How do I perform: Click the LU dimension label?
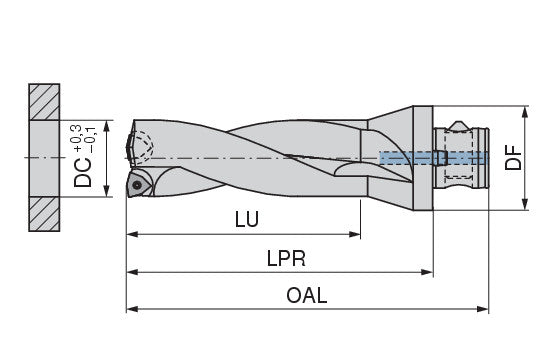tap(247, 219)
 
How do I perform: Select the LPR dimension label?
tap(286, 258)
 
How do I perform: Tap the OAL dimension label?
tap(307, 295)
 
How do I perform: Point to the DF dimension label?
tap(513, 158)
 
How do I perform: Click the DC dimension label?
tap(83, 172)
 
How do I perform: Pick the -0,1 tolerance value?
tap(90, 140)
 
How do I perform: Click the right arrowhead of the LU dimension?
tap(355, 234)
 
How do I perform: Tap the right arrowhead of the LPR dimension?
tap(427, 272)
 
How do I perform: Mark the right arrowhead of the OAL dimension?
tap(483, 309)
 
